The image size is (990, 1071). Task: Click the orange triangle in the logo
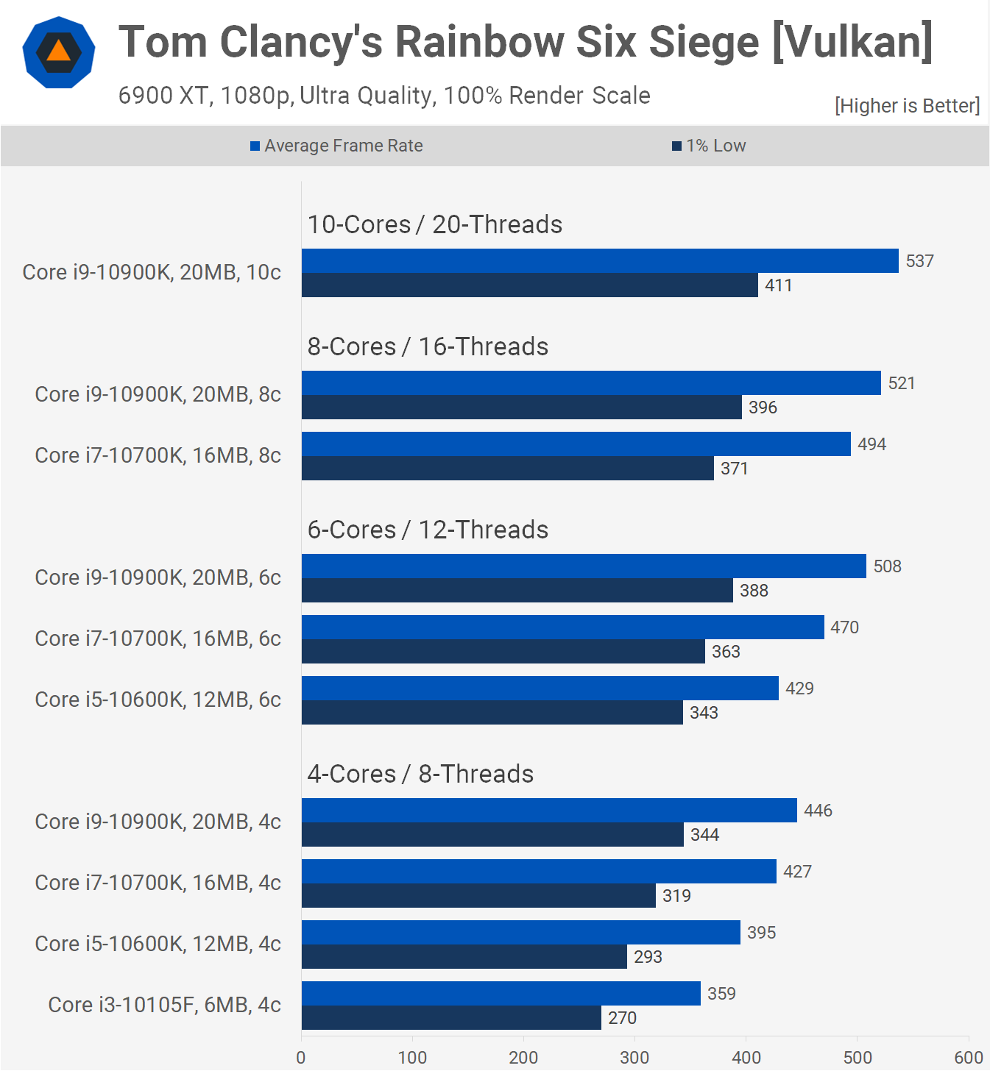coord(58,51)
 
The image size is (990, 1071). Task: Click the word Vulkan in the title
coord(852,42)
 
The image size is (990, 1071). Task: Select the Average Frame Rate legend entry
coord(336,146)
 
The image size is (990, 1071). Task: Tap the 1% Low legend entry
coord(709,146)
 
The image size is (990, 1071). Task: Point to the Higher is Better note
coord(907,106)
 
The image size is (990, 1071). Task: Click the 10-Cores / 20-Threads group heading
coord(434,224)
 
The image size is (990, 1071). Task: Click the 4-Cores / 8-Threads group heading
coord(420,774)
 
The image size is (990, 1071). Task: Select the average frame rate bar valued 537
coord(600,261)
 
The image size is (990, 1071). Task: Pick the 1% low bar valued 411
coord(529,285)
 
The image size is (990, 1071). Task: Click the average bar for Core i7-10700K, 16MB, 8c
coord(576,444)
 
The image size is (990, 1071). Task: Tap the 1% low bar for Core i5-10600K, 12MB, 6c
coord(492,712)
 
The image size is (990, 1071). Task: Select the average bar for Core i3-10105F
coord(501,993)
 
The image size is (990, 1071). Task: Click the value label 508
coord(888,566)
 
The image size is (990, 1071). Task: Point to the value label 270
coord(622,1017)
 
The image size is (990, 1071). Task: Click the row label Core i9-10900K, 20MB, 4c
coord(158,822)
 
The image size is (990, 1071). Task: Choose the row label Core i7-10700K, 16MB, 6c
coord(158,638)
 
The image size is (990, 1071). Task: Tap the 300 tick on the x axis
coord(634,1058)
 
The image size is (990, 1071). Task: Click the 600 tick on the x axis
coord(969,1058)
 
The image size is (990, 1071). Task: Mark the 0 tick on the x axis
coord(300,1058)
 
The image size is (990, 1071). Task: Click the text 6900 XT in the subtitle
coord(163,96)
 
